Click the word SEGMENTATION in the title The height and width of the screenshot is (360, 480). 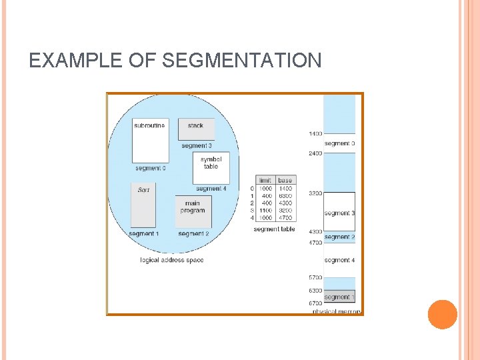241,61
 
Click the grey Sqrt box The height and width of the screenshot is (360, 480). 143,205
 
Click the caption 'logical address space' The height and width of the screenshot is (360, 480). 171,260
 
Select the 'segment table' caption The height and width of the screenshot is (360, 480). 274,229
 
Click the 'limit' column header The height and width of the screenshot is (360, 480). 265,181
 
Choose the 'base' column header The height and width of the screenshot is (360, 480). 285,181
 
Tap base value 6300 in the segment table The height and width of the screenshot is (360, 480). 285,195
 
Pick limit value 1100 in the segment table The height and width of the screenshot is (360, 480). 266,210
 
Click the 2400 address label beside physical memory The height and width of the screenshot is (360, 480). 315,153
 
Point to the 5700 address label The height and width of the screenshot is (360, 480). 315,277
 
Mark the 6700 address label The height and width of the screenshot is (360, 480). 315,304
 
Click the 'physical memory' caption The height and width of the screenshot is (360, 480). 337,311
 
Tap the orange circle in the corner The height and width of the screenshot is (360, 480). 442,314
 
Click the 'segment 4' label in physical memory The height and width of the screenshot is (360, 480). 339,260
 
